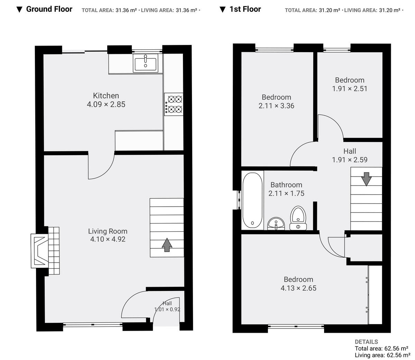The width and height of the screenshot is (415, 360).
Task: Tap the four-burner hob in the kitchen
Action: coord(174,104)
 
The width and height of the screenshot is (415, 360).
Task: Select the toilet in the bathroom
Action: coord(298,218)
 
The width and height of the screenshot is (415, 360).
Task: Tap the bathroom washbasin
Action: coord(276,224)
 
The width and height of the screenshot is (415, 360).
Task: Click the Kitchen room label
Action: coord(106,96)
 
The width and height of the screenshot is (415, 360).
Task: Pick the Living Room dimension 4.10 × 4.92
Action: coord(108,239)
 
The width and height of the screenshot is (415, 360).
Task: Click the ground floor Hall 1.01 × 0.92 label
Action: coord(167,306)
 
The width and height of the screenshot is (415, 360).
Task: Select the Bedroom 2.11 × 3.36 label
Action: coord(276,102)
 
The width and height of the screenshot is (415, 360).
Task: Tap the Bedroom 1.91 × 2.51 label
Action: coord(350,84)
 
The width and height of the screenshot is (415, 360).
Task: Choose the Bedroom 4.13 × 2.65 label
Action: coord(298,284)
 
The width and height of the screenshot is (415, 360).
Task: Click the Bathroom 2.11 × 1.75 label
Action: coord(286,189)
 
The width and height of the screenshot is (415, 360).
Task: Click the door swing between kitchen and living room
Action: coord(101,167)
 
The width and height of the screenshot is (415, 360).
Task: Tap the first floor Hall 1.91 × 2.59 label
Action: coord(350,155)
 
